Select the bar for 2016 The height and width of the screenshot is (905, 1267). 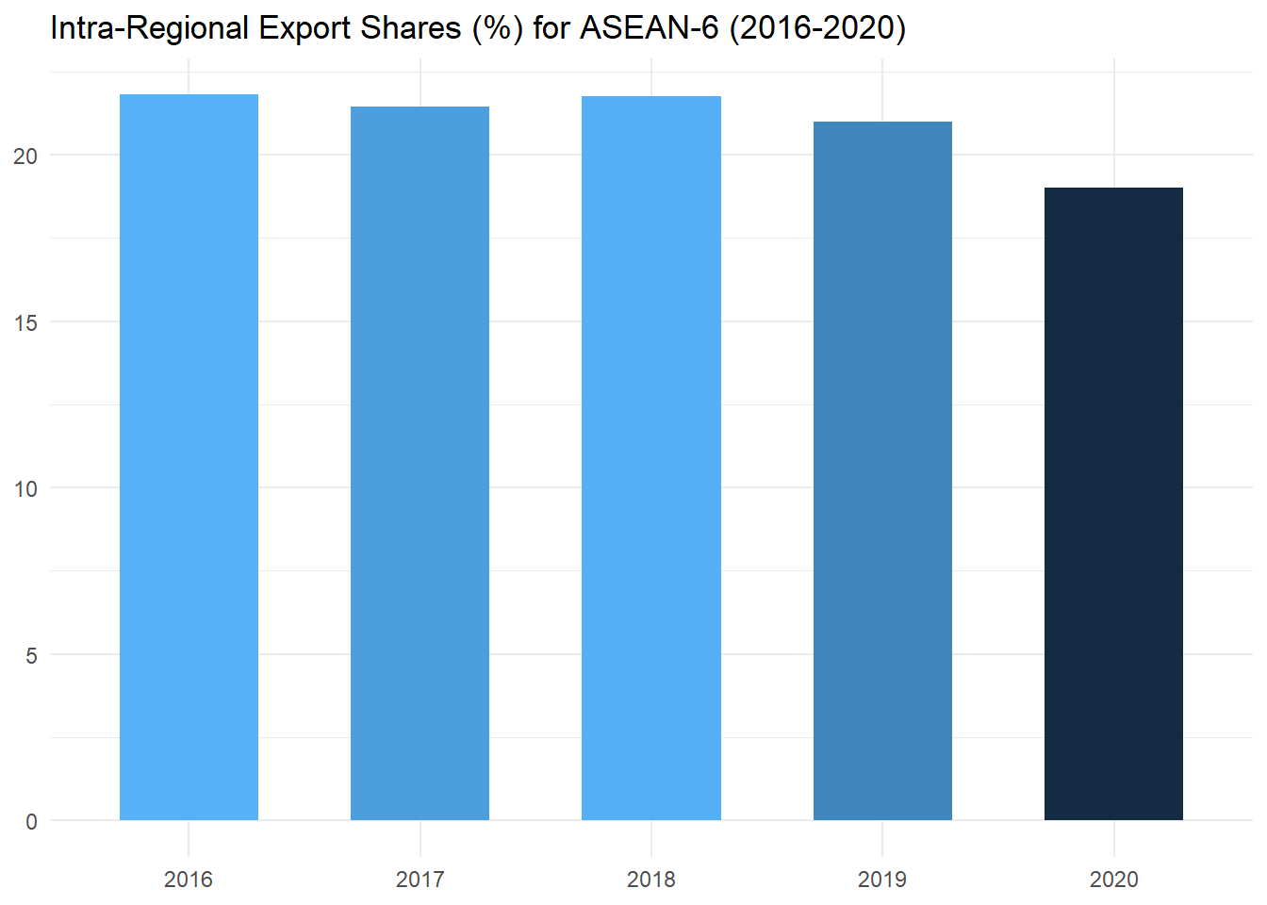[x=189, y=457]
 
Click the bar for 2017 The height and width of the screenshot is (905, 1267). [x=420, y=463]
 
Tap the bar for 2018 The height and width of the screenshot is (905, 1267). [x=651, y=458]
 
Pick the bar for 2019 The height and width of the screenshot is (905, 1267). [x=882, y=470]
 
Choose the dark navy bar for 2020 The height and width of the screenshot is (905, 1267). [x=1113, y=503]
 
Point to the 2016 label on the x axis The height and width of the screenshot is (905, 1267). [x=189, y=880]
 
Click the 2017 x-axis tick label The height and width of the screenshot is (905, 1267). [x=420, y=880]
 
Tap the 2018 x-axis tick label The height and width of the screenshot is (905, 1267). [x=651, y=880]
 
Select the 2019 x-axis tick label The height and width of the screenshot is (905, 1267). [x=882, y=880]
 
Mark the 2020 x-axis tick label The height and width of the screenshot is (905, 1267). [x=1113, y=880]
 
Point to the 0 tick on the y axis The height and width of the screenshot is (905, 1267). [x=31, y=821]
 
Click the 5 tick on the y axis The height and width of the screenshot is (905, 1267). [x=31, y=655]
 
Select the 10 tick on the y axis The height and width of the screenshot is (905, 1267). [x=25, y=488]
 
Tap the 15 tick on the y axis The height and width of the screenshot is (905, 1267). [x=25, y=322]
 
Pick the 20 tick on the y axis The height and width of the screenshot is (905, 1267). [x=25, y=156]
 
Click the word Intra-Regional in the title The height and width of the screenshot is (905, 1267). [x=149, y=28]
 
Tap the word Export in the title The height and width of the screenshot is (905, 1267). [x=304, y=28]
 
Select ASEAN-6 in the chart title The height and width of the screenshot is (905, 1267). [x=649, y=28]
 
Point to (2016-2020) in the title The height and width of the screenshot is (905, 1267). [x=817, y=28]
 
